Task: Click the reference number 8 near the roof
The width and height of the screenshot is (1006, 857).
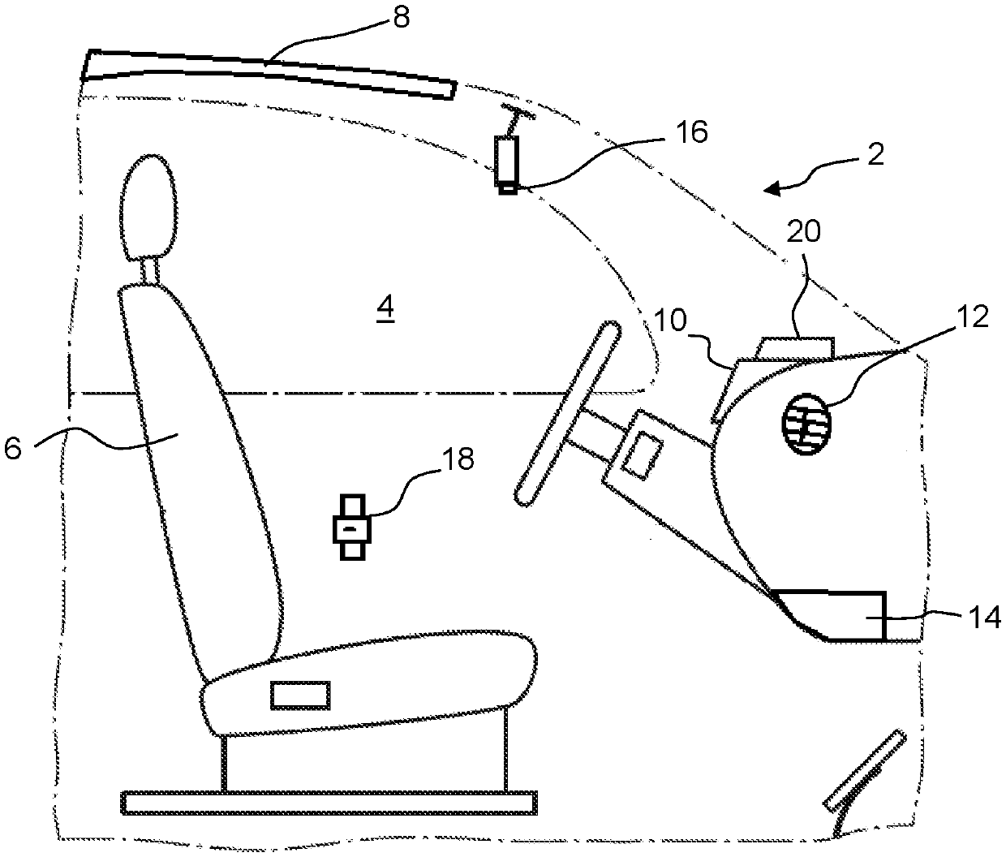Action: click(402, 19)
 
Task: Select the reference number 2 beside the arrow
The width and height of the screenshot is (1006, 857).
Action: click(875, 155)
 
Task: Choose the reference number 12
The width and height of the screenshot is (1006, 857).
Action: click(973, 317)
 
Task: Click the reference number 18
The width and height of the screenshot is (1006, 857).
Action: click(455, 460)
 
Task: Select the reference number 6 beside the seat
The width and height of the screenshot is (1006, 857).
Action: click(14, 448)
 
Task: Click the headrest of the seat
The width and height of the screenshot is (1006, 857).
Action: click(147, 207)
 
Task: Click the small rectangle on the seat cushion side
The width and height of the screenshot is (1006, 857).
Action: click(300, 696)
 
